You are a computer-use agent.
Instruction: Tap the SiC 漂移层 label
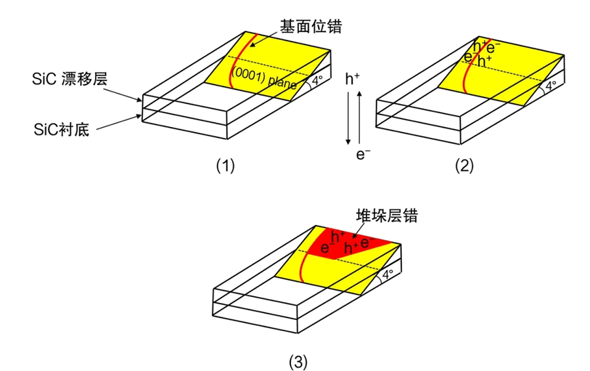click(69, 79)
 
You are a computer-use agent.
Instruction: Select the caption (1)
click(225, 166)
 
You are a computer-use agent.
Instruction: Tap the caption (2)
click(464, 166)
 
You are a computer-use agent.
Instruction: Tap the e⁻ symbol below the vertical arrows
click(363, 155)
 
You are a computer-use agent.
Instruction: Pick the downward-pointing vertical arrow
click(349, 118)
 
